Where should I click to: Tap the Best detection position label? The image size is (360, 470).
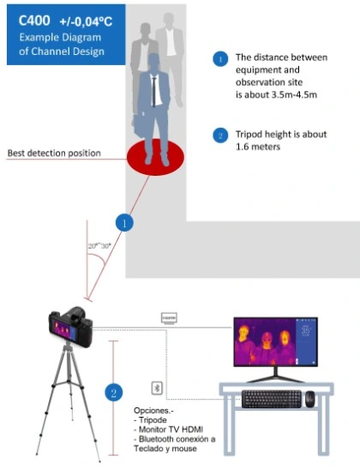(54, 154)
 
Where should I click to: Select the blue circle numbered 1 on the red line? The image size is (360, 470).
(125, 223)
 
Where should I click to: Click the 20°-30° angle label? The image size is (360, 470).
(99, 245)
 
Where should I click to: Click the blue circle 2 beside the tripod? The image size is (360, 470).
(113, 393)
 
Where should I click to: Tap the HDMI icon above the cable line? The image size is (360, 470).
(170, 317)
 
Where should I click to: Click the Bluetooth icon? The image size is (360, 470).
(157, 387)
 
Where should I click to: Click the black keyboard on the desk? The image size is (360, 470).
(271, 399)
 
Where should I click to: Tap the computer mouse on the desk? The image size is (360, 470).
(309, 398)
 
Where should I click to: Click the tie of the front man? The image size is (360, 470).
(155, 91)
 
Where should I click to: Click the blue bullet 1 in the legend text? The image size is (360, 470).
(219, 59)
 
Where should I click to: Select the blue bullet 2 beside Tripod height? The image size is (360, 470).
(219, 135)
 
